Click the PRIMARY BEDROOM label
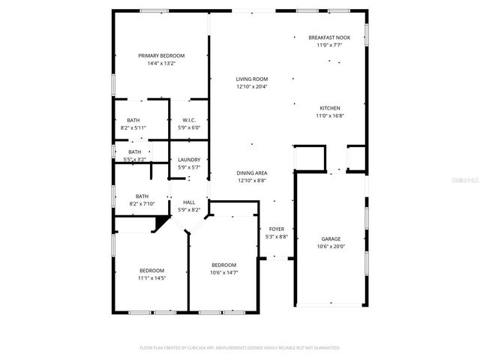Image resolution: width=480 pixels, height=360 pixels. [161, 55]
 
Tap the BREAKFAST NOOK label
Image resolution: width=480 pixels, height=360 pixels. [329, 37]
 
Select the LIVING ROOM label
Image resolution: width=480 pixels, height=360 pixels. [252, 79]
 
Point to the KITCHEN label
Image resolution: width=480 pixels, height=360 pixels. [330, 108]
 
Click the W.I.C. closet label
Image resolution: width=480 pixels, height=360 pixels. [189, 120]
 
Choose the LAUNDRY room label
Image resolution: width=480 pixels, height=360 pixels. [189, 159]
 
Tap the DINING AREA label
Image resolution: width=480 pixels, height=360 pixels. [252, 172]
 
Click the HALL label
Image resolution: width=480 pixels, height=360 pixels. [189, 202]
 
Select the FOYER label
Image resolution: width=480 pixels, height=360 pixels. [277, 229]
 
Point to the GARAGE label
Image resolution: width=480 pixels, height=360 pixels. [331, 238]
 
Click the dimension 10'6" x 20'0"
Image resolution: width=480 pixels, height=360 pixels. [331, 246]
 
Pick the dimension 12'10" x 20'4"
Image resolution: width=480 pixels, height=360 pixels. [252, 86]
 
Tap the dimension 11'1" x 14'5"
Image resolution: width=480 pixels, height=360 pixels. [151, 278]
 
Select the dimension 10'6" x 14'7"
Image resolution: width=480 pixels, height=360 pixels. [223, 272]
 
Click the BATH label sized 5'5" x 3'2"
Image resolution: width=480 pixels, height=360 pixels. [133, 152]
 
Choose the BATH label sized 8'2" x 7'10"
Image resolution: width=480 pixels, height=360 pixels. [142, 196]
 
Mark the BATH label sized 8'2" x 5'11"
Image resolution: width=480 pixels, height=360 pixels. [133, 120]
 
